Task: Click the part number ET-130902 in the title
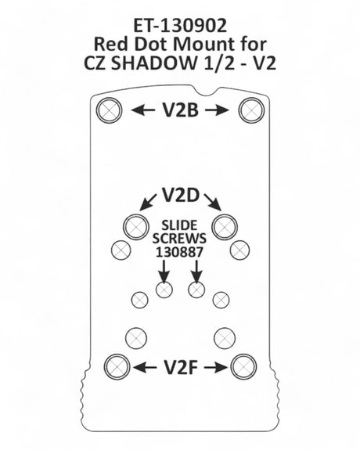(x=180, y=26)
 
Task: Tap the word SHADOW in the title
(x=152, y=63)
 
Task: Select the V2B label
(x=180, y=110)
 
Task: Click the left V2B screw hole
(x=109, y=110)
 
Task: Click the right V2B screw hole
(x=251, y=110)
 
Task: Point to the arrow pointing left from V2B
(x=143, y=110)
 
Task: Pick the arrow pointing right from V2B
(x=218, y=110)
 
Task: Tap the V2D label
(x=180, y=195)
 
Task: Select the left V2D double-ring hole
(x=136, y=227)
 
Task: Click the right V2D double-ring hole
(x=225, y=227)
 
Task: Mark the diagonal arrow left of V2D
(x=148, y=203)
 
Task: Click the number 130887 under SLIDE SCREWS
(x=179, y=252)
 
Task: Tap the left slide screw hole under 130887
(x=164, y=290)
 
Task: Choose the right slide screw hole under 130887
(x=196, y=290)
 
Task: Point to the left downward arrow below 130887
(x=164, y=272)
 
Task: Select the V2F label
(x=181, y=368)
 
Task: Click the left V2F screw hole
(x=117, y=367)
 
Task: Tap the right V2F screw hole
(x=244, y=367)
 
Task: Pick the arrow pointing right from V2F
(x=216, y=367)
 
